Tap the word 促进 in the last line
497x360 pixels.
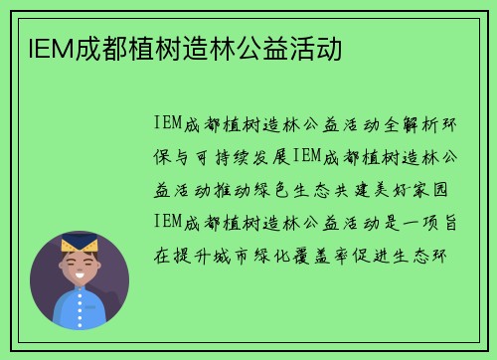pos(355,254)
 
